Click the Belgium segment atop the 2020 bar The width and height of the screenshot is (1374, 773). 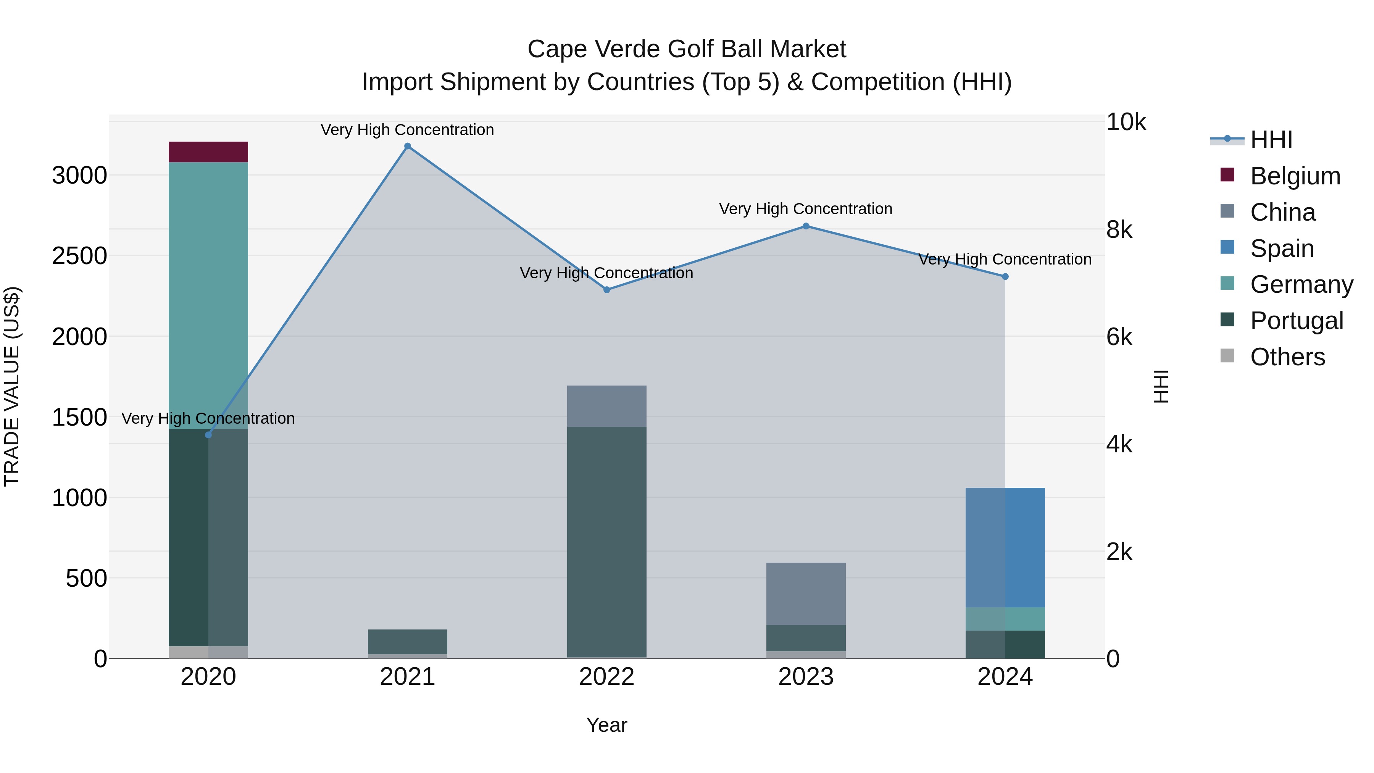(208, 152)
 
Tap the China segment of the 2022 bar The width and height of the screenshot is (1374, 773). (606, 406)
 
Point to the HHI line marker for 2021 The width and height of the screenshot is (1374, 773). (408, 146)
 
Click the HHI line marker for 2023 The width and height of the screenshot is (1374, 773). (806, 226)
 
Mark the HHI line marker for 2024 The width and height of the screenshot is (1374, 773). (1005, 276)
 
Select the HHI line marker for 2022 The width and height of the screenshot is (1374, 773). (606, 290)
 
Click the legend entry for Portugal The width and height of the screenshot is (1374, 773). (1296, 321)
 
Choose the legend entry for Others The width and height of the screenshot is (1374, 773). (1287, 357)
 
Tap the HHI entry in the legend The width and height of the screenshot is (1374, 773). (1271, 140)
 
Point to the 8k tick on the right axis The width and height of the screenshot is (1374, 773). (1119, 230)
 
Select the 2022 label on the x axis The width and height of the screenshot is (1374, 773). (606, 677)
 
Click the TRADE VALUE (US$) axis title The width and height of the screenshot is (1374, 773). (12, 386)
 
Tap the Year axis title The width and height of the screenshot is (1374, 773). (606, 725)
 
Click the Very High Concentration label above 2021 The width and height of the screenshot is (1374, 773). (408, 130)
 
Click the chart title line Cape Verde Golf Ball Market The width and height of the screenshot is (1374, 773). (687, 49)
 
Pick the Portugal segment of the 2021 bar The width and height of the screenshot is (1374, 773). (408, 642)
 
